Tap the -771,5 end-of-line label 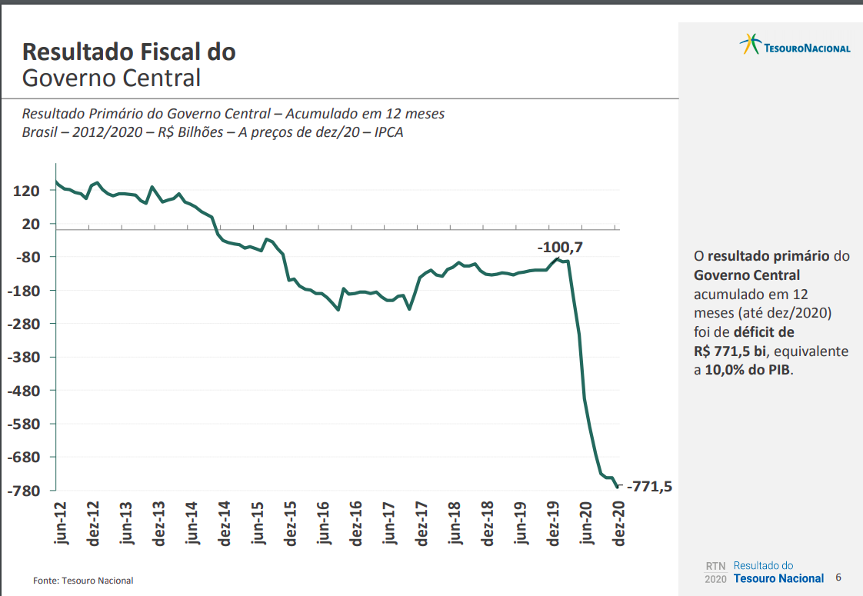click(650, 486)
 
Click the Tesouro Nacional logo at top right click(795, 45)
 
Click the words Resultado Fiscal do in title click(128, 52)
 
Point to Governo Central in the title click(112, 78)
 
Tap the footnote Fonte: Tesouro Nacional click(83, 581)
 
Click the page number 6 click(838, 578)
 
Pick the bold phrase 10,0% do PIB click(748, 369)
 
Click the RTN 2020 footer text click(715, 572)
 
